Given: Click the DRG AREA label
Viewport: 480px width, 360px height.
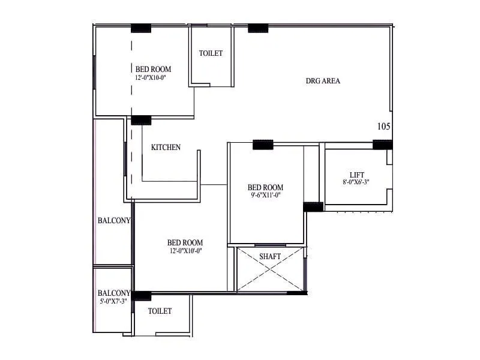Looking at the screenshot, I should (323, 81).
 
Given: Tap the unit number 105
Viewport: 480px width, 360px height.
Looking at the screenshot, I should (384, 127).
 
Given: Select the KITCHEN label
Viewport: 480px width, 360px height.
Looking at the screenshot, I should (166, 148).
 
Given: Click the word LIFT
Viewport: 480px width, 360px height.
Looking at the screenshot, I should (357, 175).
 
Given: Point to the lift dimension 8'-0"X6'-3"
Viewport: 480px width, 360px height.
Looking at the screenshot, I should (356, 182).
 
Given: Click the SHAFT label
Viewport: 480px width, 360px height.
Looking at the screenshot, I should (270, 257).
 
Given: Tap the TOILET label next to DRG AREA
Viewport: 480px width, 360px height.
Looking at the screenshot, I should (211, 53).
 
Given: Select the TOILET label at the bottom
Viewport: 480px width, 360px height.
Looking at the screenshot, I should (160, 311).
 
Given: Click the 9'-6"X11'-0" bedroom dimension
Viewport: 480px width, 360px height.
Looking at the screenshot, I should (266, 195).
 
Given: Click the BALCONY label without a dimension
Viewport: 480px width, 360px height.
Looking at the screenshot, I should (113, 221).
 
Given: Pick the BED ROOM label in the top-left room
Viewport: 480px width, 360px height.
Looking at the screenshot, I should (153, 69).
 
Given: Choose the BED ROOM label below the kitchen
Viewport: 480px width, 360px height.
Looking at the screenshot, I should (185, 243).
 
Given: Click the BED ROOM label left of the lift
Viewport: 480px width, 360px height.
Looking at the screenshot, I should (266, 187).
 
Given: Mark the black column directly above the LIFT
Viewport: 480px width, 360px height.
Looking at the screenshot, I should (382, 145).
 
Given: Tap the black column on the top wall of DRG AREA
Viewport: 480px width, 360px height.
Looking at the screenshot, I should (258, 28).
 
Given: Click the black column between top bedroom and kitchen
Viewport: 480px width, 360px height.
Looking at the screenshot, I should (141, 120).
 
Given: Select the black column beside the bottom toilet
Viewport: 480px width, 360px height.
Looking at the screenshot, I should (142, 295).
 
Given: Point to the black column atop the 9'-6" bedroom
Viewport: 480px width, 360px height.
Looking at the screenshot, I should (263, 145).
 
